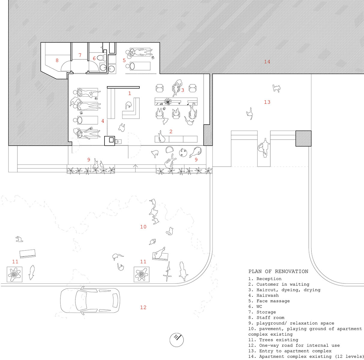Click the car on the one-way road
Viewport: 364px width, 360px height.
click(90, 301)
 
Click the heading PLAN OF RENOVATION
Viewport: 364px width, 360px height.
click(278, 271)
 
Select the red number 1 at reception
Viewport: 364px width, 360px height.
click(129, 93)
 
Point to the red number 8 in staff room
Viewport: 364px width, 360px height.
click(57, 61)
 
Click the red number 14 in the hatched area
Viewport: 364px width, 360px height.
click(267, 62)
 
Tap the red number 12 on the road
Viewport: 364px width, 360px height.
click(143, 307)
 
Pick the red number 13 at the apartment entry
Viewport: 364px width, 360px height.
click(267, 102)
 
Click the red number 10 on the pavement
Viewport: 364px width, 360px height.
click(143, 227)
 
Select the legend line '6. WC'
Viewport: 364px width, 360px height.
click(255, 307)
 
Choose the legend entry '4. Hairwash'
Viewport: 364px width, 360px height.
click(263, 295)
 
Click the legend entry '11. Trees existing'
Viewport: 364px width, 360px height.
click(273, 340)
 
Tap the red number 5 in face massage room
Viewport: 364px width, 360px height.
click(124, 60)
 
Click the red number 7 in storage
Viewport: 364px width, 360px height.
click(80, 55)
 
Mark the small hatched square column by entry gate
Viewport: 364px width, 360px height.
click(303, 138)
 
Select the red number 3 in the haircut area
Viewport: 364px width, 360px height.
click(182, 90)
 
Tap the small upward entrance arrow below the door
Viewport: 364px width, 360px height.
click(135, 167)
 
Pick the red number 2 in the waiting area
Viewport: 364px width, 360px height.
click(171, 132)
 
